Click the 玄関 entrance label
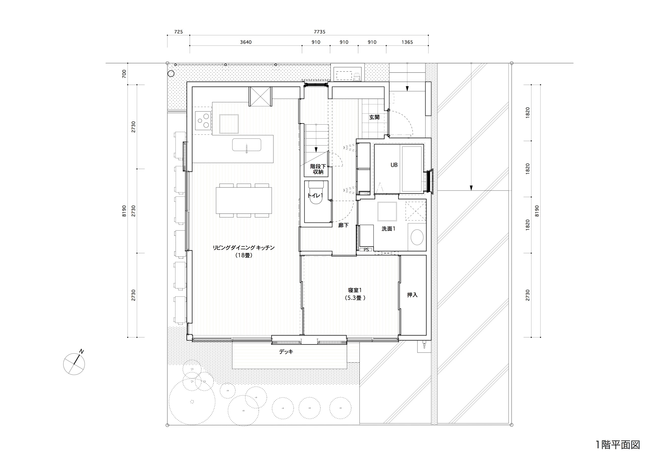(374, 117)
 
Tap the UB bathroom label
(394, 165)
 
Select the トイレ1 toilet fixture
(316, 193)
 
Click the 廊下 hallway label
(343, 225)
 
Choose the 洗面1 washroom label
(388, 229)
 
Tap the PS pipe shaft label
(366, 250)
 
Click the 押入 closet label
(412, 295)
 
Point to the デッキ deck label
(286, 352)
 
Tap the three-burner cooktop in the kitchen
(203, 120)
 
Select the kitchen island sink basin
(246, 145)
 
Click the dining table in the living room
(244, 200)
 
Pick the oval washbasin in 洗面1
(417, 237)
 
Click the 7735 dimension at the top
(319, 32)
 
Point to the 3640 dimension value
(246, 42)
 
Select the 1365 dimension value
(407, 42)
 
